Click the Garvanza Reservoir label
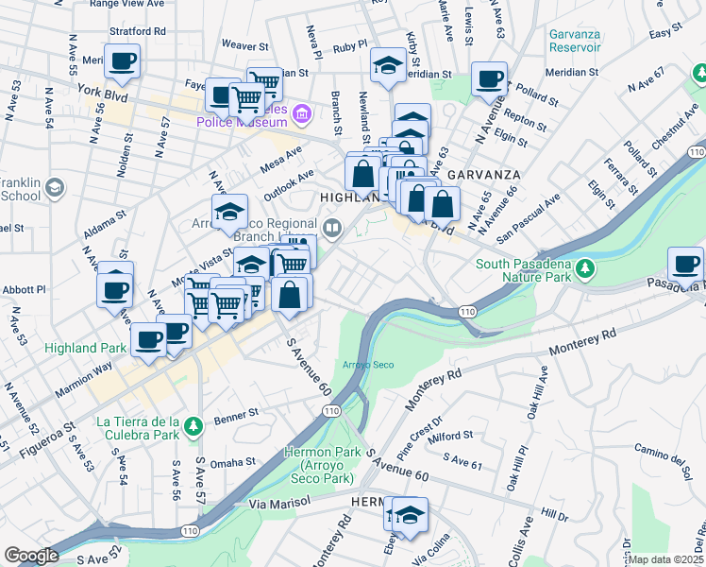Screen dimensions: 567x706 tap(574, 41)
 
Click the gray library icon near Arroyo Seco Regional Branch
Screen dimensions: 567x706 tap(332, 227)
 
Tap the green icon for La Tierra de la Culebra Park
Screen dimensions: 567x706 tap(193, 427)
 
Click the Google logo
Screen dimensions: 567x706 tap(31, 556)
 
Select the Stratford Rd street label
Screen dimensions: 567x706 tap(138, 31)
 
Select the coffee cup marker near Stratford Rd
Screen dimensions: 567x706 tap(122, 62)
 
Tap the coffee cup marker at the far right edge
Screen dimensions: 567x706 tap(685, 265)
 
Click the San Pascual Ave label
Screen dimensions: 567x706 tap(529, 216)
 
